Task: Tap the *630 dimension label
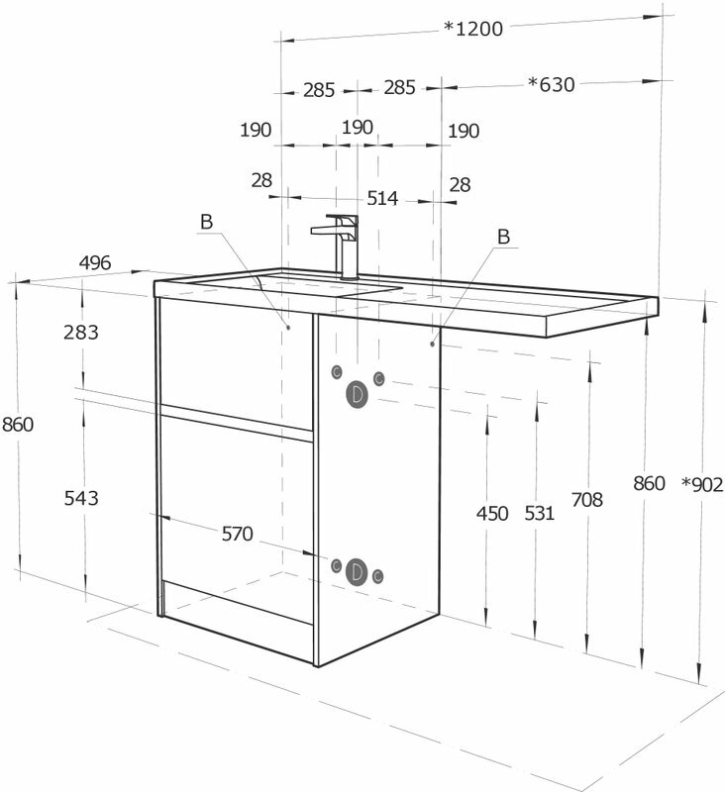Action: coord(551,84)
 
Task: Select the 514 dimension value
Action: coord(382,198)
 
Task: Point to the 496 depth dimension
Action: coord(95,262)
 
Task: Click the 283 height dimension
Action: coord(80,333)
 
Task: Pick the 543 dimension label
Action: coord(80,498)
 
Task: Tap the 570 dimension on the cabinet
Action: coord(238,535)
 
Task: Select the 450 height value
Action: coord(492,513)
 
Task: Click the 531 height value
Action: coord(539,513)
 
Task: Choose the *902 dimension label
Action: coord(703,484)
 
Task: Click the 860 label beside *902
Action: coord(650,484)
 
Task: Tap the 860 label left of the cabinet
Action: coord(18,425)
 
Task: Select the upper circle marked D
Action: coord(357,394)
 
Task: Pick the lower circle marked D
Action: coord(357,571)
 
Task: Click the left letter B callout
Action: coord(206,223)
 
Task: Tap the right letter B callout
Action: coord(503,237)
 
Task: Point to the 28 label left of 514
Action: coord(261,180)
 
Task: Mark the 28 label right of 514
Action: coord(460,185)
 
